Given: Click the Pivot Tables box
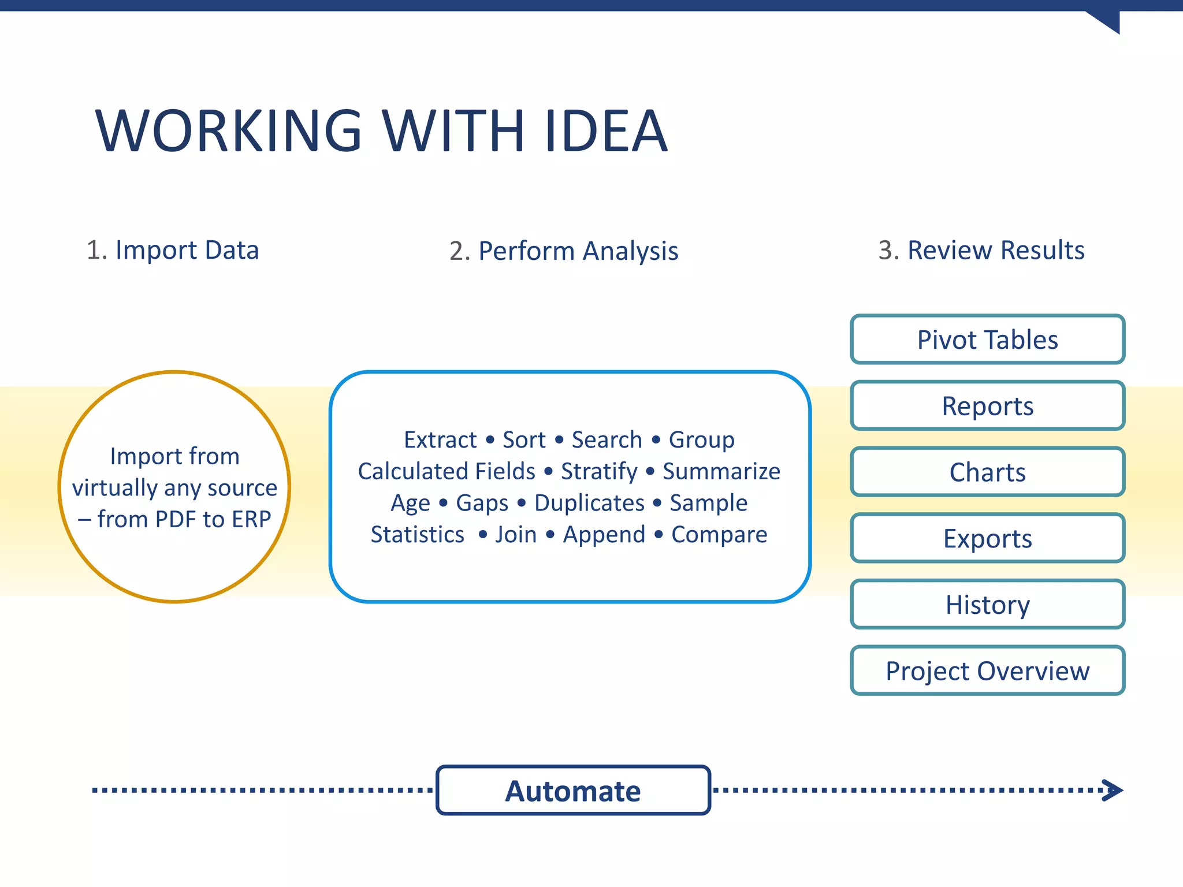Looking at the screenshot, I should [x=987, y=340].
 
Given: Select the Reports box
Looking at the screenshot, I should [x=987, y=406].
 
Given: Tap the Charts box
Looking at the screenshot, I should [x=987, y=472].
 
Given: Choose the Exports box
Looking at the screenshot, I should [x=987, y=538].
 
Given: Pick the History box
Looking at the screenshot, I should [x=987, y=605].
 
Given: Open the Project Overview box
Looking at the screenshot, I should [x=987, y=671].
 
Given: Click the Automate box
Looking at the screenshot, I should [x=573, y=791].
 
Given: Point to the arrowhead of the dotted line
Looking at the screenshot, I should [x=1113, y=790].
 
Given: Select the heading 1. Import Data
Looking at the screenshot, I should [x=173, y=251].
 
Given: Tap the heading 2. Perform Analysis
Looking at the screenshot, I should [x=564, y=251].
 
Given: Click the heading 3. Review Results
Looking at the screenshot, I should [x=981, y=251].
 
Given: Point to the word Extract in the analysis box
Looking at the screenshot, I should [x=440, y=440].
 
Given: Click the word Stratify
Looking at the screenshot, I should [x=599, y=472].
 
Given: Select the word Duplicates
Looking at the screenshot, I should [x=589, y=503].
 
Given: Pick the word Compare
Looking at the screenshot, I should [x=719, y=535].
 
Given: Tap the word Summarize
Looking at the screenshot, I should [x=721, y=472].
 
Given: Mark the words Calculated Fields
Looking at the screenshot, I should [x=447, y=472].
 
